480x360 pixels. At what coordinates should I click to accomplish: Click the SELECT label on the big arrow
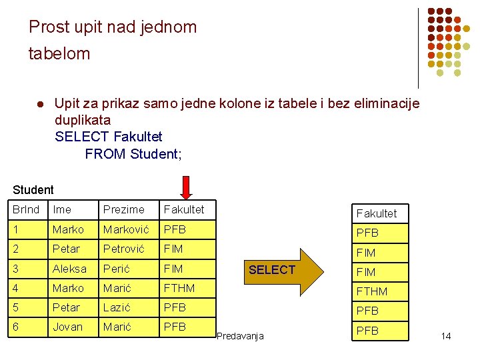point(271,270)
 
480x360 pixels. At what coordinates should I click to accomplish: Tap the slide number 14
point(446,336)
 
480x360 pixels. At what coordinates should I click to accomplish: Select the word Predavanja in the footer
point(240,336)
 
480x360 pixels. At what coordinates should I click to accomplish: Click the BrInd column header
point(26,209)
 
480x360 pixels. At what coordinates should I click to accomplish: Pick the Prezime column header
point(123,209)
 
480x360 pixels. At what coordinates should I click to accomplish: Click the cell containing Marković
point(126,229)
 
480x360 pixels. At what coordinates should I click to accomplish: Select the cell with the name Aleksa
point(69,269)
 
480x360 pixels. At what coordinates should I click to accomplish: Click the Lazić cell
point(116,307)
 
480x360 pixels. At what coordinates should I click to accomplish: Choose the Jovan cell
point(68,327)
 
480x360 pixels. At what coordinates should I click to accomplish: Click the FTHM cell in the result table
point(372,291)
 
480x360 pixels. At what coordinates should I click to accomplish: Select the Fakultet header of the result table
point(376,213)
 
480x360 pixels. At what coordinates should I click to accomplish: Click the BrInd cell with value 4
point(16,288)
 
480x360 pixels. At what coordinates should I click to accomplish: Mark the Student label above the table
point(33,190)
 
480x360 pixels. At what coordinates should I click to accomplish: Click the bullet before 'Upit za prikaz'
point(39,105)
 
